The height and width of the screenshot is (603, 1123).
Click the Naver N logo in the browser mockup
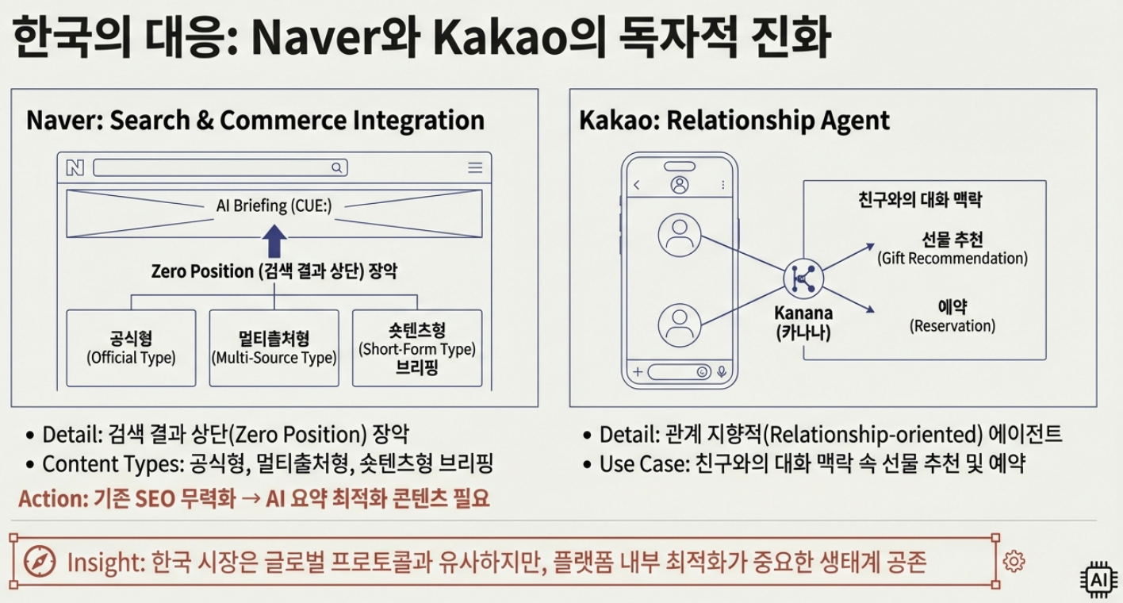coord(75,167)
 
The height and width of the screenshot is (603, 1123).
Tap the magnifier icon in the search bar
coord(336,167)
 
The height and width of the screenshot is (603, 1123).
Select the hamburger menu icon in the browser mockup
coord(475,167)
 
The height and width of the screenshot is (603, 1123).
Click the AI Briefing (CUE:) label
coord(274,205)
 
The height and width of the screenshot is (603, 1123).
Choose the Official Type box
coord(131,348)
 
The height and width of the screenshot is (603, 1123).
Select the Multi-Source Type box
coord(274,348)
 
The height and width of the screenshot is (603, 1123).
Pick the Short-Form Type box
coord(417,348)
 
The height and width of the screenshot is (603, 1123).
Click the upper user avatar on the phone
coord(678,236)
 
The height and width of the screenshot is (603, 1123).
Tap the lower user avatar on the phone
coord(678,325)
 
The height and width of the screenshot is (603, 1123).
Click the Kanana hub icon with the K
coord(803,278)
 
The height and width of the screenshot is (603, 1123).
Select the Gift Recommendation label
coord(952,248)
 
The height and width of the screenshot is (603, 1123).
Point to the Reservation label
coord(952,316)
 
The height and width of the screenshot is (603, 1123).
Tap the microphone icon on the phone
coord(722,371)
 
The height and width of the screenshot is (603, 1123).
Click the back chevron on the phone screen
coord(636,185)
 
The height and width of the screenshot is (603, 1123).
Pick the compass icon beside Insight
coord(40,562)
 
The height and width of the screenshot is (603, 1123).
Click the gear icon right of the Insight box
coord(1014,561)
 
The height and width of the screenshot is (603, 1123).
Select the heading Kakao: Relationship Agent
coord(734,121)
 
